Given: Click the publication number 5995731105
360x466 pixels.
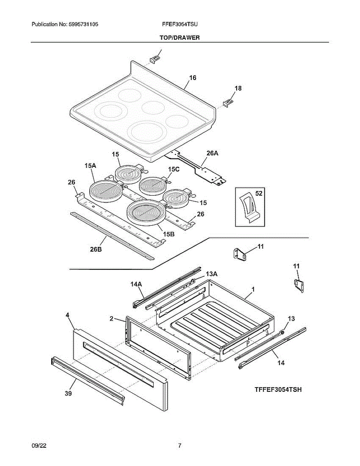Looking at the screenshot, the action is [83, 24].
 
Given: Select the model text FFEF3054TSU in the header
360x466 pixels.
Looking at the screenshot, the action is [180, 24].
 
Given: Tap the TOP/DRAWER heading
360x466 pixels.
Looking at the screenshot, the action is [179, 38].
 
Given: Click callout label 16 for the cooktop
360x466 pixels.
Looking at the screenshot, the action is [193, 78].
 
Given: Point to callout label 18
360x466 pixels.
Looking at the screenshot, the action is [238, 88].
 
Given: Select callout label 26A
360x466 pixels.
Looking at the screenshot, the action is [212, 153].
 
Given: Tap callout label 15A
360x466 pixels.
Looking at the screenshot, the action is [90, 165].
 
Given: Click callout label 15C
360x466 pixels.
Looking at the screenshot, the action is [174, 169].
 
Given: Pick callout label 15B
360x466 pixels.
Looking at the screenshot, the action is [169, 234].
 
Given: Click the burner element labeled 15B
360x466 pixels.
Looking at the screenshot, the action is [146, 213].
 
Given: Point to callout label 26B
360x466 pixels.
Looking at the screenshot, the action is [96, 249].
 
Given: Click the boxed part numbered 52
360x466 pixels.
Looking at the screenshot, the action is [250, 207].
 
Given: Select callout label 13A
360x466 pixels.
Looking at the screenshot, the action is [212, 274].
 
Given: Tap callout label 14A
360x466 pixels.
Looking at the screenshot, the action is [136, 284].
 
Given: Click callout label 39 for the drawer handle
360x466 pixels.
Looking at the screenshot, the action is [68, 393].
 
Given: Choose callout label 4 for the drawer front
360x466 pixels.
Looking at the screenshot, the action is [68, 315].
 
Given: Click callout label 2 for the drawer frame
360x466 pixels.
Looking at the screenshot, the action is [111, 319].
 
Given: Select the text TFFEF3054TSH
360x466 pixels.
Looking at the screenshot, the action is [278, 389].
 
